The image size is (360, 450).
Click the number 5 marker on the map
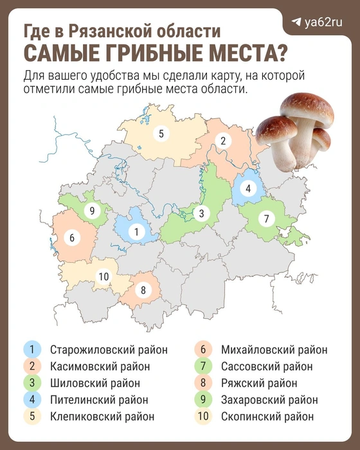pos(161,134)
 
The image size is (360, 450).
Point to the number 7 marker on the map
pos(265,219)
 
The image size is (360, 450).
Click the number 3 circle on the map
pos(201,213)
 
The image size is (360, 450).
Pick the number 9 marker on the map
pos(92,211)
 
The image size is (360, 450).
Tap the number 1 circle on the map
pos(136,231)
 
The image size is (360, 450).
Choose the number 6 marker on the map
pos(71,238)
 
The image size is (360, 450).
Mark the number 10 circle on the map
pos(104,276)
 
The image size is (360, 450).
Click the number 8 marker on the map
pos(143,290)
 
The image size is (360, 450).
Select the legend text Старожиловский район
pos(108,350)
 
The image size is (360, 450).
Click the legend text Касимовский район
pos(99,366)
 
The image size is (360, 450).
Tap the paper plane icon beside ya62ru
pos(296,22)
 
